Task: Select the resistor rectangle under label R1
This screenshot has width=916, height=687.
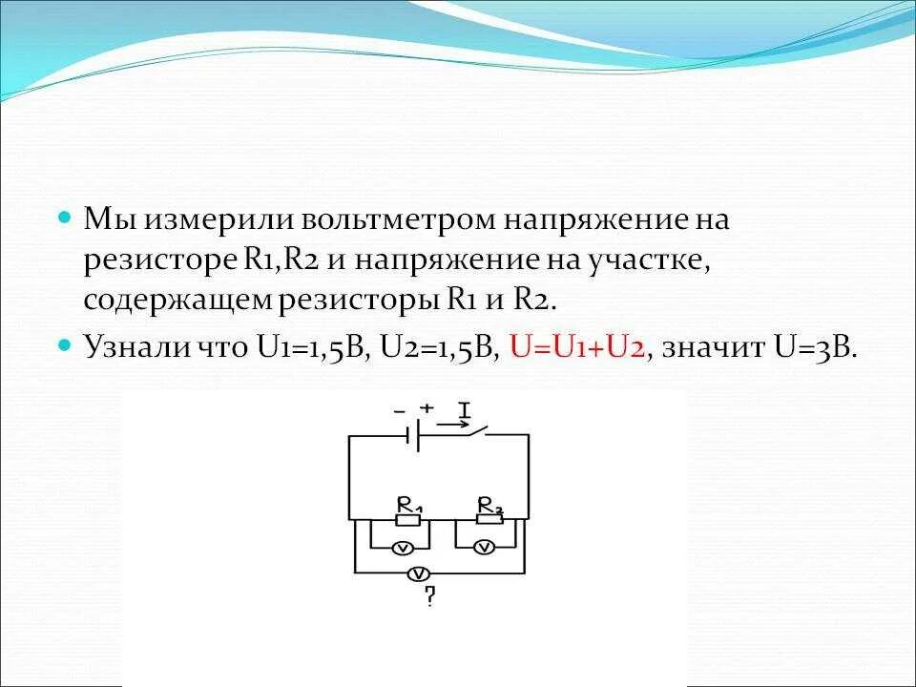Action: (407, 520)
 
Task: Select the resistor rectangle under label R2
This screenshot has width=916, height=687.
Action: (489, 520)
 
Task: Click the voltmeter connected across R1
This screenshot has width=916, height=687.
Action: (403, 547)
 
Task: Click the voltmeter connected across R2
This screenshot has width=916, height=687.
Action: (484, 547)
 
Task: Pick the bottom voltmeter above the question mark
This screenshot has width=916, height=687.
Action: (417, 573)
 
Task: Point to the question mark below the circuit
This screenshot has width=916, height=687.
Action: (430, 598)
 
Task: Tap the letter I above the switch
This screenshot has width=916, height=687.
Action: (465, 409)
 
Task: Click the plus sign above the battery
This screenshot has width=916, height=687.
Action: (427, 407)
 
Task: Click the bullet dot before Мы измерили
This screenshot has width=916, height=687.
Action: (65, 218)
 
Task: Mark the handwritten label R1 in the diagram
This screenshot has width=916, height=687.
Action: (409, 504)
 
